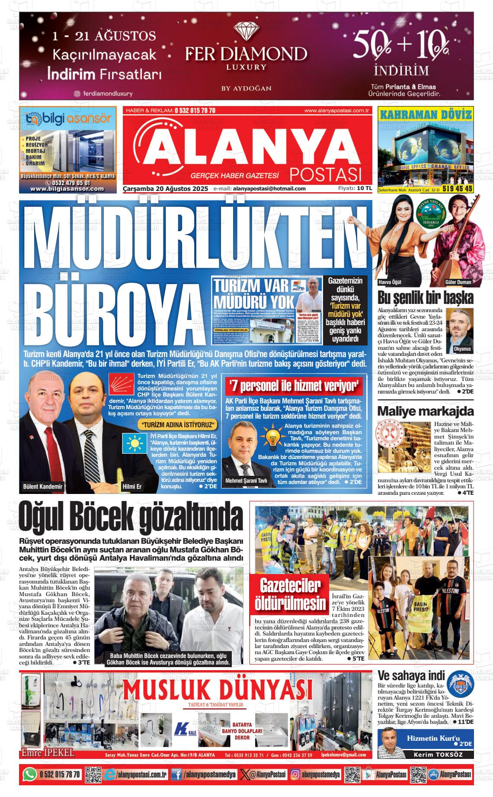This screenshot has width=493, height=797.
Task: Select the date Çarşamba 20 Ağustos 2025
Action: [x=166, y=189]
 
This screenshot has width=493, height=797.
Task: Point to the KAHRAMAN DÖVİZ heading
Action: [x=426, y=115]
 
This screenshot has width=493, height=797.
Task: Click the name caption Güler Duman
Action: [x=458, y=282]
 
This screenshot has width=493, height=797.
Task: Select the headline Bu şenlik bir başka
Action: [x=426, y=298]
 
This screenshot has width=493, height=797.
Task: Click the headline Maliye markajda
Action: [x=426, y=411]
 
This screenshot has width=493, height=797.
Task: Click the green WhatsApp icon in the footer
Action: [x=29, y=774]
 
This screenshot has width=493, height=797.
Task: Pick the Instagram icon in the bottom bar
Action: [x=295, y=774]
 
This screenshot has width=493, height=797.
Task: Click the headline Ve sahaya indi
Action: [x=411, y=676]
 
